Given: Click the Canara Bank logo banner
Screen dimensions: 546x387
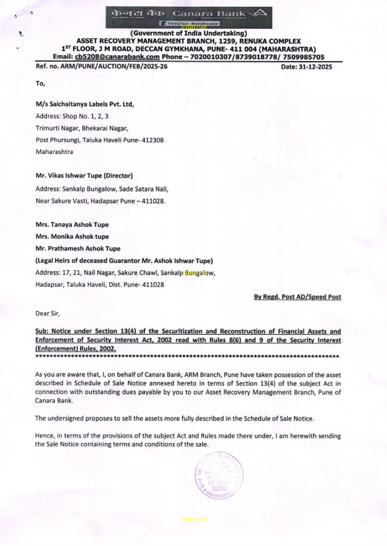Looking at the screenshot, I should tap(189, 17).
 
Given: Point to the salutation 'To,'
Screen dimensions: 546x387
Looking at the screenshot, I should tap(40, 83).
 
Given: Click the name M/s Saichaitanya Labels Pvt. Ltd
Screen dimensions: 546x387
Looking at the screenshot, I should tap(84, 104).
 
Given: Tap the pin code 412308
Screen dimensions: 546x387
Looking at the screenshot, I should tap(152, 140).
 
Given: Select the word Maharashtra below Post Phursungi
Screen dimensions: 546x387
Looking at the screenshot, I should tap(54, 152).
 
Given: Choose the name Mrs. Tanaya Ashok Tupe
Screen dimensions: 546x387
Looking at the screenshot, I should tap(72, 225).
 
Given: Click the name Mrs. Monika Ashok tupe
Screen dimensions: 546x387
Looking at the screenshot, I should tap(72, 237).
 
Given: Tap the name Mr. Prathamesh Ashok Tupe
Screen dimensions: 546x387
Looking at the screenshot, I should tap(78, 249).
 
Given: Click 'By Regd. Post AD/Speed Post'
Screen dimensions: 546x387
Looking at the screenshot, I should tap(297, 297).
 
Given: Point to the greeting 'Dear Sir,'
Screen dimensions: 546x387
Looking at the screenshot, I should tap(48, 314).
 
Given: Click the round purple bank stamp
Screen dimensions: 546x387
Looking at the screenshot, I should tap(219, 476).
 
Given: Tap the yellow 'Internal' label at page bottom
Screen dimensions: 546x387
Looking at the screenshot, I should tap(193, 519).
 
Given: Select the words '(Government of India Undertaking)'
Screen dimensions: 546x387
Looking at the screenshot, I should tap(188, 34).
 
